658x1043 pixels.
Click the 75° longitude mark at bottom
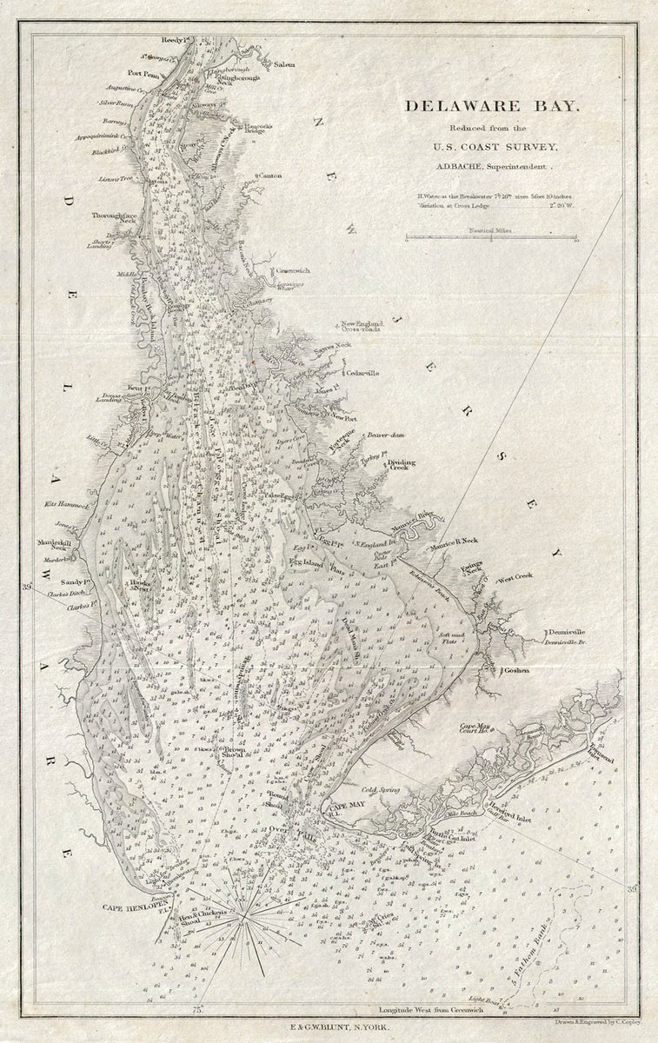click(x=199, y=1009)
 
